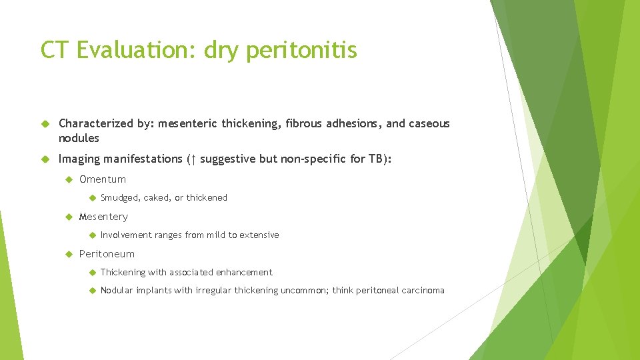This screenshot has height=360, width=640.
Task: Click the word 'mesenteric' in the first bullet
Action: click(187, 123)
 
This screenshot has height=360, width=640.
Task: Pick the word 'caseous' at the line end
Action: click(430, 123)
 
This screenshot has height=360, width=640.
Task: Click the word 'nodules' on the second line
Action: click(79, 138)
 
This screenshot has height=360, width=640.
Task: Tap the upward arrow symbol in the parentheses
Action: click(193, 159)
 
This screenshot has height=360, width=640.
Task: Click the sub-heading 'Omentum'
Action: click(103, 179)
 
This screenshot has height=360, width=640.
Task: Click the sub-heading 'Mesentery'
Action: click(103, 216)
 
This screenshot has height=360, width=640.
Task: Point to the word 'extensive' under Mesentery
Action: click(259, 235)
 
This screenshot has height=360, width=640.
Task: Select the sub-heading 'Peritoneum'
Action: click(107, 253)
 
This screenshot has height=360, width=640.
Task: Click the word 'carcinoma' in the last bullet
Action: click(422, 290)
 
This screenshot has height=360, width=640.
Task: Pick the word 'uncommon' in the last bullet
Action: click(305, 290)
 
